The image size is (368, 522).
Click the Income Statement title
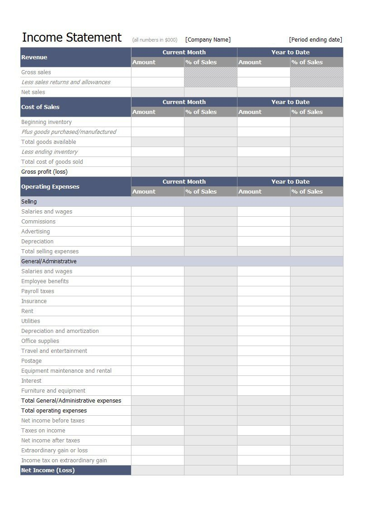72,38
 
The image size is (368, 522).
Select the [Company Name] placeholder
208,40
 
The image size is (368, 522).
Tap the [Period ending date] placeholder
315,40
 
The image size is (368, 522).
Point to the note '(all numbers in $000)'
155,40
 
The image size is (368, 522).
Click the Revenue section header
34,57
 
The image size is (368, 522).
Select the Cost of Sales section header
40,107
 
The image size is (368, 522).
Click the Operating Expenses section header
50,187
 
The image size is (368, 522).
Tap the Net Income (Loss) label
48,470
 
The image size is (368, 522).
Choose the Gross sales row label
36,72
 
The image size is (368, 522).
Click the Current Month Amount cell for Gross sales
158,72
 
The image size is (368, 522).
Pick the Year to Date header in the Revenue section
290,52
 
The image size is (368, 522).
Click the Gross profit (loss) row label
44,172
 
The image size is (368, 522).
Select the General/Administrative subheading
49,261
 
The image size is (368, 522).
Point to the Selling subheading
29,202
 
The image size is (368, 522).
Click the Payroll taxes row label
38,291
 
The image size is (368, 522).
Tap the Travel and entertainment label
54,351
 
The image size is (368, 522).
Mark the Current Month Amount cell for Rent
158,311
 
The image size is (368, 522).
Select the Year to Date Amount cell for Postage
263,361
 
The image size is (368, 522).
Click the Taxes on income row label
43,431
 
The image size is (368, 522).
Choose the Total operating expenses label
54,411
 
